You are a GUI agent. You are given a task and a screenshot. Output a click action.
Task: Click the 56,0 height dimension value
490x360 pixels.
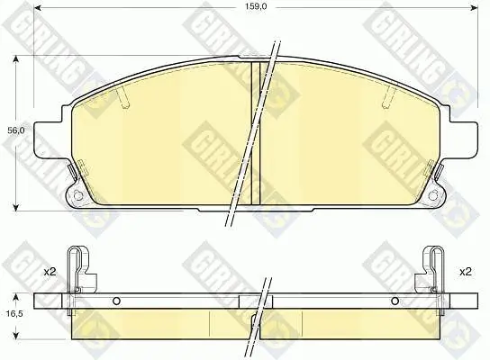pyautogui.click(x=15, y=131)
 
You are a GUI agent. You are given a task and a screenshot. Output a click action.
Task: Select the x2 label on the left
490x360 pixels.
pyautogui.click(x=50, y=272)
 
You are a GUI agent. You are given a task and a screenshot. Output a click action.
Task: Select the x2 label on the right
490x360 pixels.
pyautogui.click(x=466, y=272)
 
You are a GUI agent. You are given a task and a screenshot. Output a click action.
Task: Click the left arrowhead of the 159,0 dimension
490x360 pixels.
pyautogui.click(x=37, y=7)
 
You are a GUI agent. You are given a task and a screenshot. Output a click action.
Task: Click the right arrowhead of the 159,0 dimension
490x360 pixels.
pyautogui.click(x=474, y=7)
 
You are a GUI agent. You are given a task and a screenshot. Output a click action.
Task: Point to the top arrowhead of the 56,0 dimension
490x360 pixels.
pyautogui.click(x=15, y=59)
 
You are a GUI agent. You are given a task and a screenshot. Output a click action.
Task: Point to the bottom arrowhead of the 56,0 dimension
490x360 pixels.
pyautogui.click(x=15, y=207)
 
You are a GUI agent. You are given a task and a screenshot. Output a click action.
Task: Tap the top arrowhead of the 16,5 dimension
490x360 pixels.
pyautogui.click(x=15, y=297)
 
